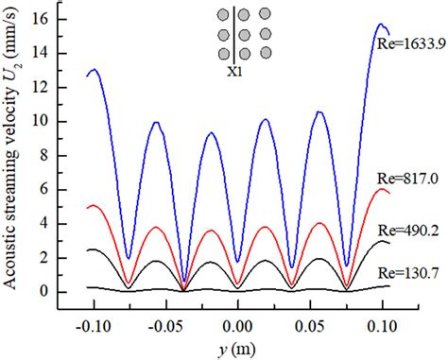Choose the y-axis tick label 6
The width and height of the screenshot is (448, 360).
(x=60, y=189)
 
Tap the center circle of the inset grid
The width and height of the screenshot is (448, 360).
(x=244, y=33)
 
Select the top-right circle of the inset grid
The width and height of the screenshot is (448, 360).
(x=265, y=14)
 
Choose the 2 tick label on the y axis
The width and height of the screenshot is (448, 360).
(x=60, y=257)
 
